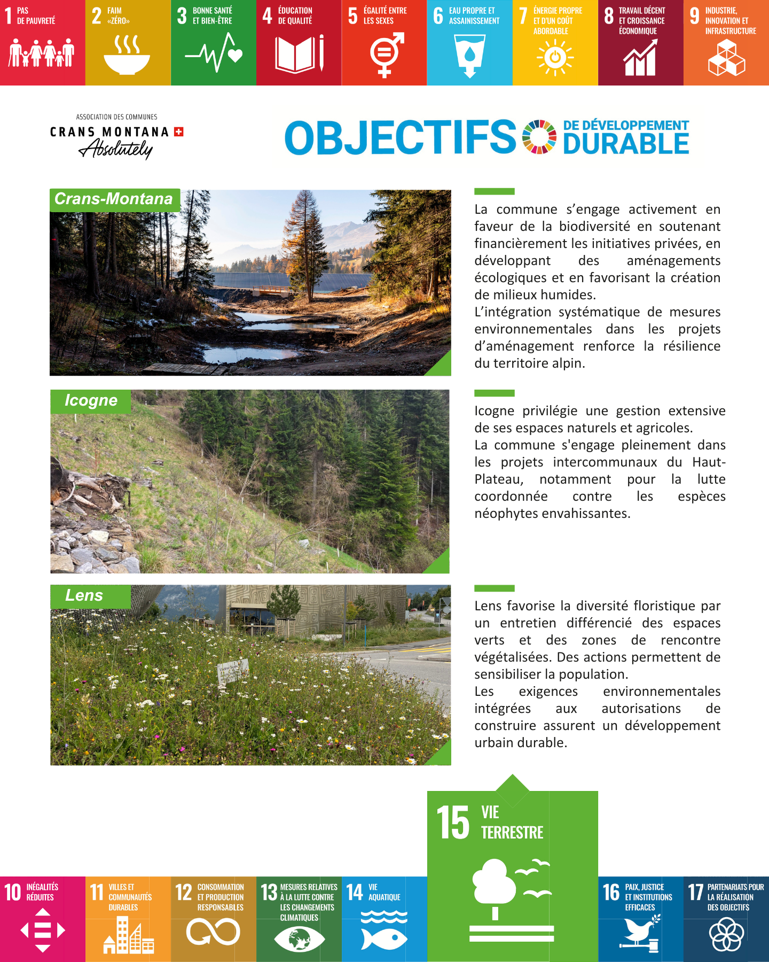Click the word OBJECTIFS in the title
click(x=400, y=137)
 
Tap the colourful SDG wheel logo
click(x=539, y=137)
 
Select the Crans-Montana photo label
click(x=114, y=199)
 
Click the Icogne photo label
click(x=91, y=401)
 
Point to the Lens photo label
click(x=84, y=596)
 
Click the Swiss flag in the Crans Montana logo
click(x=179, y=131)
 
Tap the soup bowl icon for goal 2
click(x=127, y=56)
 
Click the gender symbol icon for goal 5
click(x=386, y=55)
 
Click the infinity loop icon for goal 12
click(x=213, y=932)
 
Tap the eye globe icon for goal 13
click(x=299, y=938)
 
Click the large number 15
click(x=453, y=823)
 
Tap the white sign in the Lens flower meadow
click(x=233, y=671)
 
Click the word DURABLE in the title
click(x=626, y=145)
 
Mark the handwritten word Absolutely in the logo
click(x=116, y=149)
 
